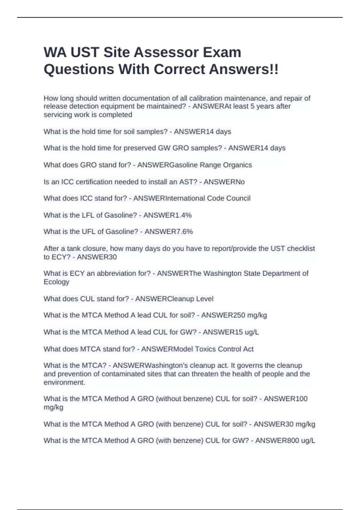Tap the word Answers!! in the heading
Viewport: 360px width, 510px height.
(x=244, y=69)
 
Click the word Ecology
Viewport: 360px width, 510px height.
(x=56, y=282)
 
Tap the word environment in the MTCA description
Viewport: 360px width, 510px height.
(x=64, y=382)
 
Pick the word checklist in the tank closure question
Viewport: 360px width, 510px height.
(x=301, y=248)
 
